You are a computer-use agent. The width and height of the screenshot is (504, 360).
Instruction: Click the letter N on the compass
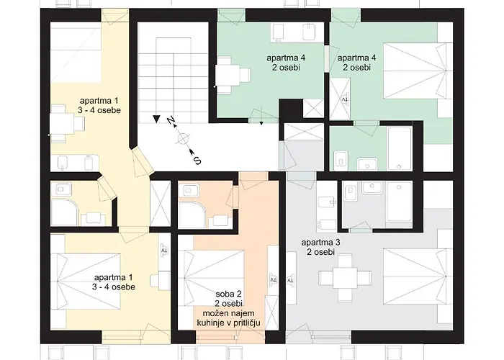coord(171,120)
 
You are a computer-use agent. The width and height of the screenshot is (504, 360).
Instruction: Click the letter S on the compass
coord(197,160)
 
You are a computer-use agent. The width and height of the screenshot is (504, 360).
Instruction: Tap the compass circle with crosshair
coord(183,139)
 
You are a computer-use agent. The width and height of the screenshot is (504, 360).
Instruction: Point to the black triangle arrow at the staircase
coord(156,119)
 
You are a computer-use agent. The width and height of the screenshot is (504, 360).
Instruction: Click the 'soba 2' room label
coord(228,294)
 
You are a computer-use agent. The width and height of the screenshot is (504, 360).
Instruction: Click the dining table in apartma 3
coord(345,276)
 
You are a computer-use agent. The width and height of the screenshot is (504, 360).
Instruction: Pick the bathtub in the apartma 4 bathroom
coord(400,148)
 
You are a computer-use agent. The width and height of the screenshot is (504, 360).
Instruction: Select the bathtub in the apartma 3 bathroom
coord(399,202)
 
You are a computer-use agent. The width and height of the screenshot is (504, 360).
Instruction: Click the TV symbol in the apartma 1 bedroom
coord(165,250)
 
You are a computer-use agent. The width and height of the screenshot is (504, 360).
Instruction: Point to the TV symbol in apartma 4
coord(345,99)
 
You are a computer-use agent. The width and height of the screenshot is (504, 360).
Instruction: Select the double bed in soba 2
coord(211,279)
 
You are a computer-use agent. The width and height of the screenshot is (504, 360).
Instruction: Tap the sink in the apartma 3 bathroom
coord(372,188)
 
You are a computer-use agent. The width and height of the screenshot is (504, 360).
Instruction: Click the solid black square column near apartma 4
coord(291,110)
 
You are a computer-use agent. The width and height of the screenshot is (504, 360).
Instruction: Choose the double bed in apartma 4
coord(415,71)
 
